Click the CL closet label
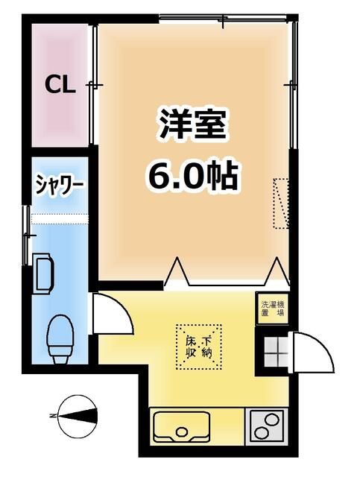tap(60, 84)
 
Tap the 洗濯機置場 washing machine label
tap(273, 309)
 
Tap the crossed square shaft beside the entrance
tap(273, 350)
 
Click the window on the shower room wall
tap(28, 222)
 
